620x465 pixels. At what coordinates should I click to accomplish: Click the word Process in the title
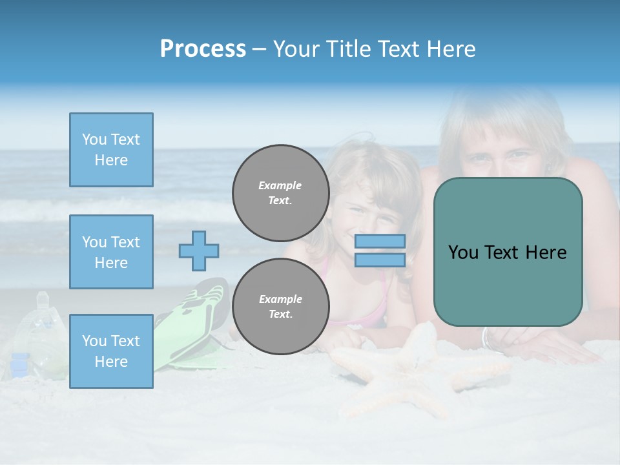203,49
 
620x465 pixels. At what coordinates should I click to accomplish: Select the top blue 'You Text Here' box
111,150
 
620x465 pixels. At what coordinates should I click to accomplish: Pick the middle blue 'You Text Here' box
111,252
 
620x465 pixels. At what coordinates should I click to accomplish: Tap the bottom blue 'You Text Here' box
111,351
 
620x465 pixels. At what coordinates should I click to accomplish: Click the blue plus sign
199,251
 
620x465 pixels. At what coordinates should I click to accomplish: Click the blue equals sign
380,251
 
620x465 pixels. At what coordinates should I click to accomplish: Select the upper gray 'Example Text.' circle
281,192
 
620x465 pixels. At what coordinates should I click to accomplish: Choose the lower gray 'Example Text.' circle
281,306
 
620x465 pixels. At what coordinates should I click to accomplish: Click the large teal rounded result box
508,252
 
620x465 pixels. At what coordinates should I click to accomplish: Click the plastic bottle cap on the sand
43,298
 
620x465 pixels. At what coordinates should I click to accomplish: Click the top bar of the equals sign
380,241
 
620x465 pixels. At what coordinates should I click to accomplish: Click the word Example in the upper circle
280,185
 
